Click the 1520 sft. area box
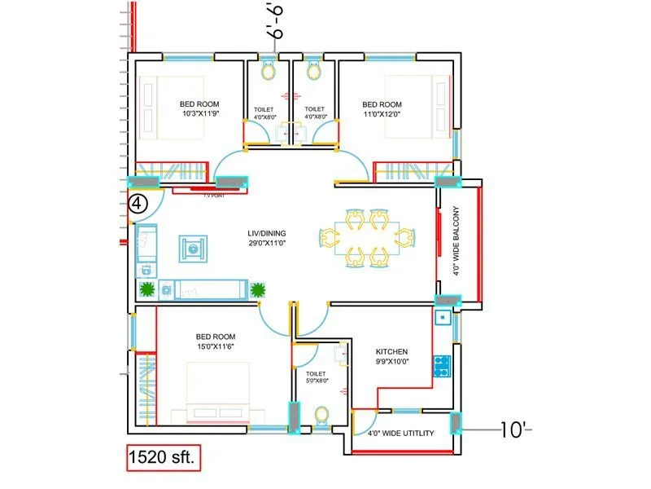(x=163, y=458)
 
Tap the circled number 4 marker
(x=138, y=205)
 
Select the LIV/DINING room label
(x=268, y=233)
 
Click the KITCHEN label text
(x=391, y=352)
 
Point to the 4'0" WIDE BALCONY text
(x=457, y=245)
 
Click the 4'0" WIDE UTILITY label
(x=400, y=434)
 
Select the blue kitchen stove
(x=443, y=366)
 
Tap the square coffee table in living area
(x=194, y=248)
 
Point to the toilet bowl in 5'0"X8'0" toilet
(x=321, y=417)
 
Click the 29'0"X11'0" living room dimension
(x=268, y=243)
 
